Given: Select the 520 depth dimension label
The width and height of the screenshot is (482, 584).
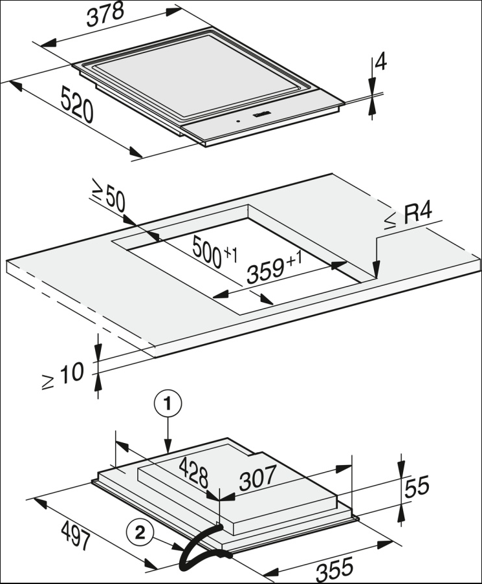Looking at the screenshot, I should click(77, 104).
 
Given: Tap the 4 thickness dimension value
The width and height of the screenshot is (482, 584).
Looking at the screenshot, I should click(380, 62).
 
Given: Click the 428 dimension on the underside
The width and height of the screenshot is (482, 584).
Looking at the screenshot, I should click(194, 473).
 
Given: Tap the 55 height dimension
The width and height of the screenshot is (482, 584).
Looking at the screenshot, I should click(415, 486).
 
